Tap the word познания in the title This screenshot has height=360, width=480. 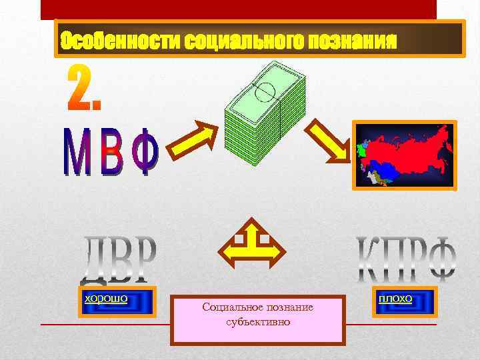(x=353, y=41)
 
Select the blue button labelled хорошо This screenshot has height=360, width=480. (x=117, y=301)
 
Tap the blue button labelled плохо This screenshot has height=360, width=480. (x=404, y=301)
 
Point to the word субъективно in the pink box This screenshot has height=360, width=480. (x=258, y=322)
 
